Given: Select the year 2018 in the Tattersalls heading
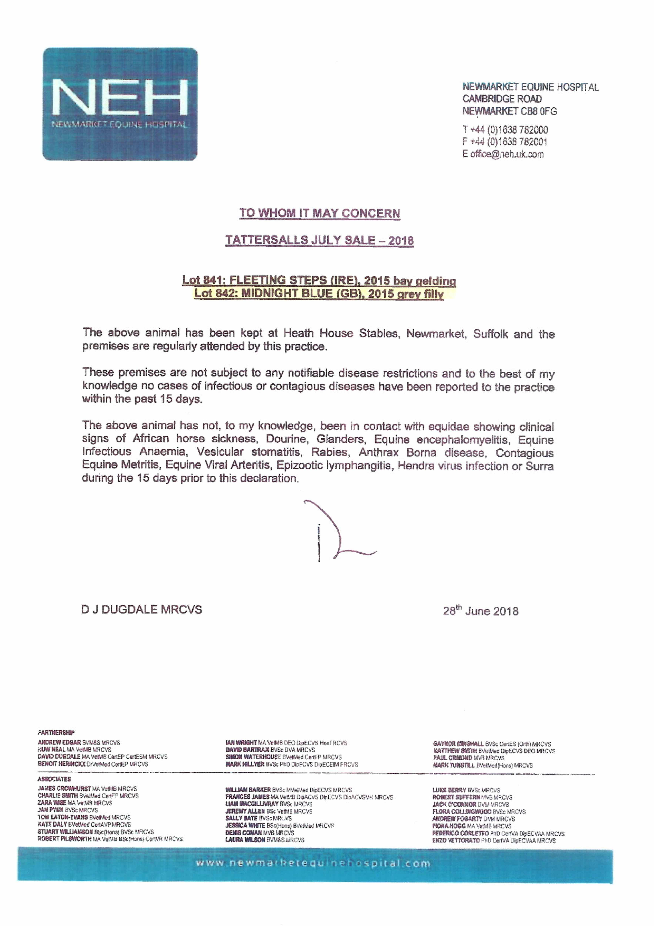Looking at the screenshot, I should coord(401,241).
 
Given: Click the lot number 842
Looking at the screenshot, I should coord(224,294).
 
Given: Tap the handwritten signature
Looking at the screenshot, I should coord(335,532).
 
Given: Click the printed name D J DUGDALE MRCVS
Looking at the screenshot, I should coord(142,609).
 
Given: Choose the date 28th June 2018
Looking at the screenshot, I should coord(481,611).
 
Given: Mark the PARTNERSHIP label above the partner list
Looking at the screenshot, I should coord(56,732).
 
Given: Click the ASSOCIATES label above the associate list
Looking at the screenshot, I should coord(54,779).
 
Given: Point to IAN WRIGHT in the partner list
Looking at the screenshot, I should coord(241,742).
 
